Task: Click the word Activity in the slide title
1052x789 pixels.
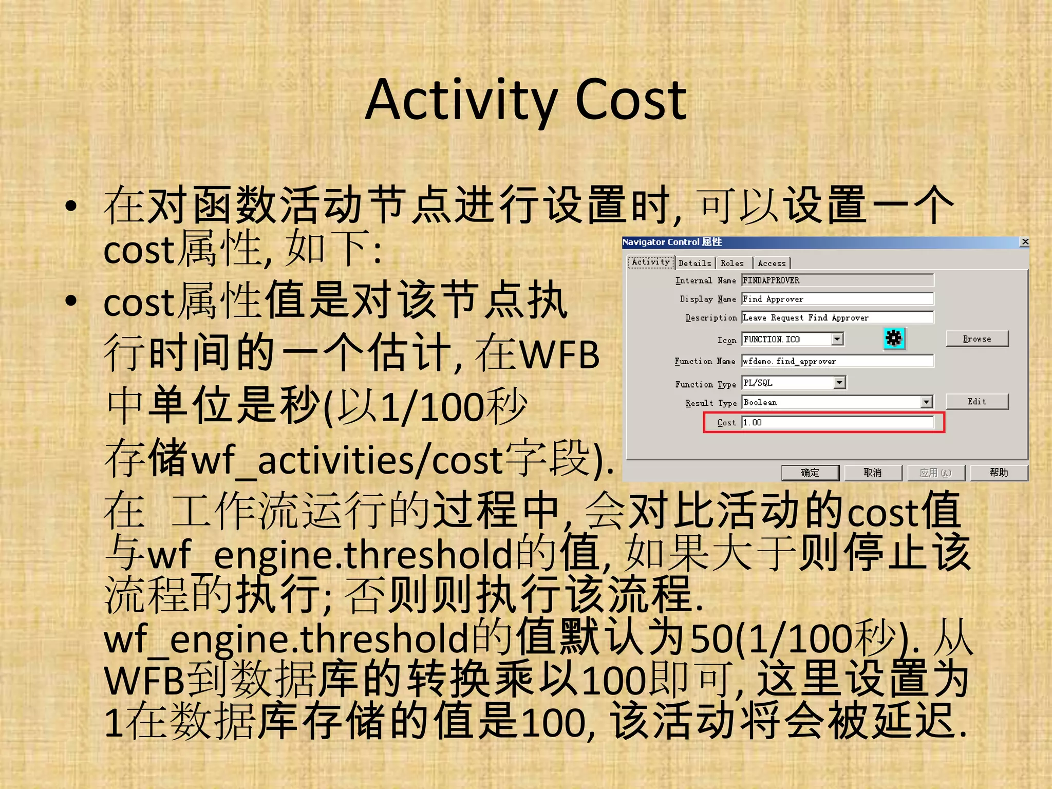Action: tap(461, 100)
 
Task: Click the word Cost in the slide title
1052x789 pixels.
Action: tap(631, 100)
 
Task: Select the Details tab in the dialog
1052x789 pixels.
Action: tap(694, 263)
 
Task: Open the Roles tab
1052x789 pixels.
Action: tap(732, 263)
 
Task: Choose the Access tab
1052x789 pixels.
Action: tap(772, 263)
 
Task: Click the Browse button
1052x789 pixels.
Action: tap(977, 339)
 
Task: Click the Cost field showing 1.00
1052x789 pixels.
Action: tap(837, 422)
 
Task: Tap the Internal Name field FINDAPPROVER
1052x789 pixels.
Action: tap(837, 280)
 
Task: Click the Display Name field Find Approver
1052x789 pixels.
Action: tap(837, 299)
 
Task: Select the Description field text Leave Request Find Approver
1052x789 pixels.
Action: tap(837, 317)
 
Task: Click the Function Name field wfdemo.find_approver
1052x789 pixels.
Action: tap(837, 361)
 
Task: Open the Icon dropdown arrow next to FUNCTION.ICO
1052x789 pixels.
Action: tap(837, 339)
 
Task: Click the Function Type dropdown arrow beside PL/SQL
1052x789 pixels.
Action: tap(839, 383)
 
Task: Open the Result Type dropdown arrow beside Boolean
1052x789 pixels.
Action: tap(927, 402)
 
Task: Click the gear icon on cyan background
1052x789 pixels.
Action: tap(894, 339)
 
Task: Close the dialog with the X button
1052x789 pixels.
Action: tap(1024, 241)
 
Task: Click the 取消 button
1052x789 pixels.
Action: tap(873, 473)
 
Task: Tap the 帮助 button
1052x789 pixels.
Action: tap(999, 473)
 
